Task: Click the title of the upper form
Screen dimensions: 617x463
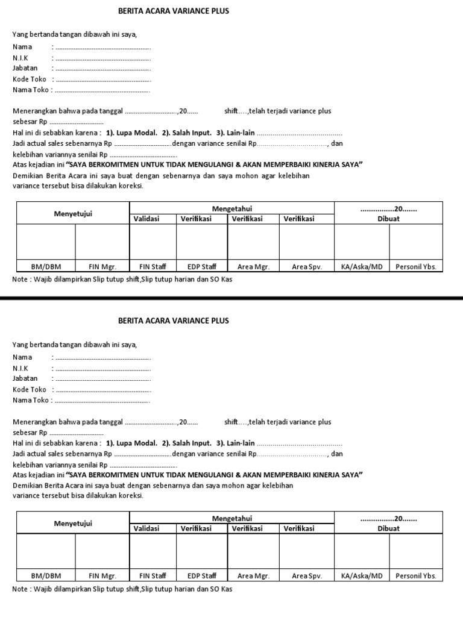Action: tap(174, 11)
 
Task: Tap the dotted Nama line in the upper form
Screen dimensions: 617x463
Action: tap(102, 48)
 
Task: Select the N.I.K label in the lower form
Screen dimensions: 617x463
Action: tap(20, 368)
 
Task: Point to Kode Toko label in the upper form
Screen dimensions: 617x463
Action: tap(30, 80)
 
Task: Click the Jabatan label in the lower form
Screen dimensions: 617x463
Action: tap(25, 378)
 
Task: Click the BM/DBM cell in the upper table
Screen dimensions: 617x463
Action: tap(46, 266)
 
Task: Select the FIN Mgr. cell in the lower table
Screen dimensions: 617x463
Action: tap(102, 576)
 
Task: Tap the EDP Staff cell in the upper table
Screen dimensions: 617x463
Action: tap(201, 266)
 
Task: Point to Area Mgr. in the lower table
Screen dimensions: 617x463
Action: tap(253, 576)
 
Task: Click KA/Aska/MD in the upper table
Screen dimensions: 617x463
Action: tap(362, 266)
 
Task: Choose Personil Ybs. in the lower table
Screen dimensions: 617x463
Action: tap(415, 576)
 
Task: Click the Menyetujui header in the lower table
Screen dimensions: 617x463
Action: tap(73, 523)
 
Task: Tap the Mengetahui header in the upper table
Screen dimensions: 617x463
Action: tap(231, 208)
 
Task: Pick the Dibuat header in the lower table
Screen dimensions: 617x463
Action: tap(388, 528)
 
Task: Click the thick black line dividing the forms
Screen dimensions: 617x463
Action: tap(231, 298)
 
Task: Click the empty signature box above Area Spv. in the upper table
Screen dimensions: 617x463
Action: tap(306, 242)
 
